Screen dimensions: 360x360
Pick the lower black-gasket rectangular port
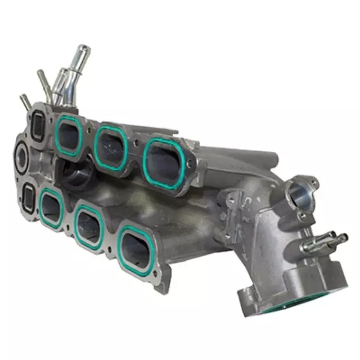pyautogui.click(x=27, y=197)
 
